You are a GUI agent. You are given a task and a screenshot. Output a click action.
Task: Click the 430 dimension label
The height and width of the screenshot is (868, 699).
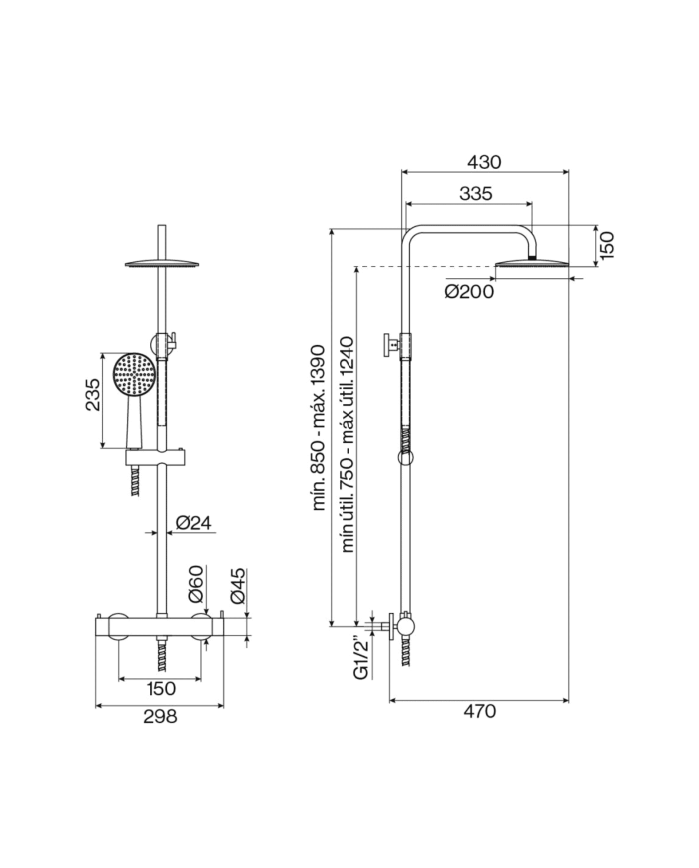tap(484, 161)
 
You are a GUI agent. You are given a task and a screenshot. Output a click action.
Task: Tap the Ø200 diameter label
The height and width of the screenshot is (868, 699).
tap(470, 291)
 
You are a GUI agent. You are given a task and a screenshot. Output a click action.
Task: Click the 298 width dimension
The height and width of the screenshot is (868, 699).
tap(160, 716)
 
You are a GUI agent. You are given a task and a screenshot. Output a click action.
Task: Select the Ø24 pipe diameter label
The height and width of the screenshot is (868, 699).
tap(191, 522)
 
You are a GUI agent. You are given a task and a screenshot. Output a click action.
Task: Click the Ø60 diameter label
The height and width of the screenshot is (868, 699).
tap(196, 585)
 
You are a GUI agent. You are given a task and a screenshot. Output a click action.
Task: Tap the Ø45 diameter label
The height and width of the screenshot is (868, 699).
tap(238, 586)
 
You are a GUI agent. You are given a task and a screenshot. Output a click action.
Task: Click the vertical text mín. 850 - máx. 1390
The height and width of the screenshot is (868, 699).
tap(319, 428)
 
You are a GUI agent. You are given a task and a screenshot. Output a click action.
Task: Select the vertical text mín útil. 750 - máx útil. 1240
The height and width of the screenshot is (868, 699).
tap(348, 443)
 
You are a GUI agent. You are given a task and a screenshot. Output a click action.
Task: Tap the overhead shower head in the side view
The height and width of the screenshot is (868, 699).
tap(533, 265)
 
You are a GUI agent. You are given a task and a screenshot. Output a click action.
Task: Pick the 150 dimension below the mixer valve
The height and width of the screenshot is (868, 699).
tap(160, 688)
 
